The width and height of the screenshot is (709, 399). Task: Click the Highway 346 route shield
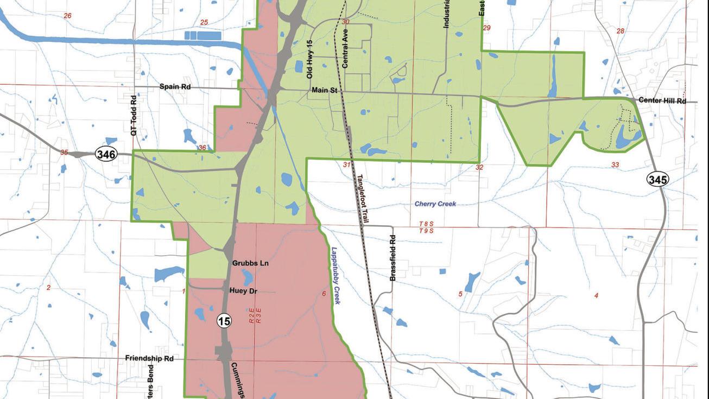click(106, 154)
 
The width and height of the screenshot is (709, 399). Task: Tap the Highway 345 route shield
click(657, 179)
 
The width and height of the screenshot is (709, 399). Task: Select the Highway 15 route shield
click(224, 321)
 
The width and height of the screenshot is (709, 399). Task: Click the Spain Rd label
click(175, 87)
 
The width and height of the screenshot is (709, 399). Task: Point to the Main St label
click(325, 90)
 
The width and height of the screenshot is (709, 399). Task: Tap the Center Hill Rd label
click(662, 100)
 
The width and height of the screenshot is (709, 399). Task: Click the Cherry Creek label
click(435, 204)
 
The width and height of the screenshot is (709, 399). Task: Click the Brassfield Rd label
click(393, 258)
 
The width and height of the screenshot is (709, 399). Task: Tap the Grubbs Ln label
click(250, 263)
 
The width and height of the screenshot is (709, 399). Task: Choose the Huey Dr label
click(243, 291)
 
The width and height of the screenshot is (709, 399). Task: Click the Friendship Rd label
click(149, 358)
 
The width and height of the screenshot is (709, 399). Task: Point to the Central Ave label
click(345, 48)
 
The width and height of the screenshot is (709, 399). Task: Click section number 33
click(615, 165)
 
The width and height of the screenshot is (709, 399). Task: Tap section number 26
click(67, 16)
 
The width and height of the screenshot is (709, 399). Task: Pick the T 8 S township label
click(427, 224)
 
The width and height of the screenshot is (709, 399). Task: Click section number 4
click(597, 295)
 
